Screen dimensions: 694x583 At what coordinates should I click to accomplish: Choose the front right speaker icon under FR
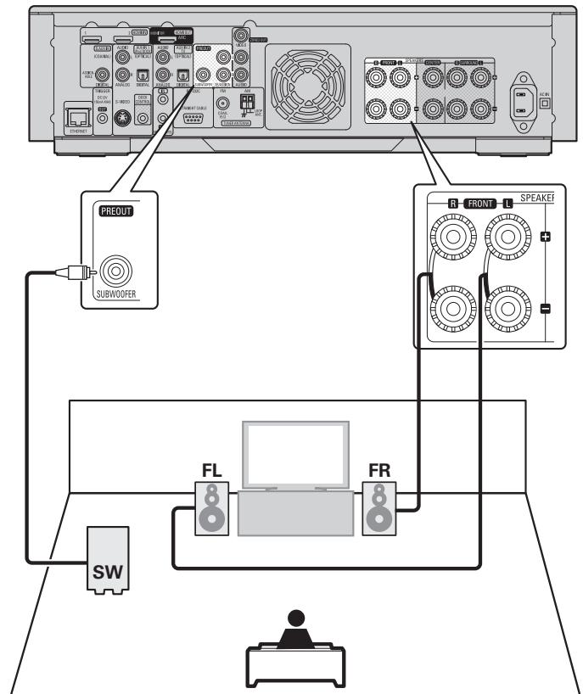(379, 508)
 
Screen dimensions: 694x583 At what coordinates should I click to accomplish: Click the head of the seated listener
(294, 616)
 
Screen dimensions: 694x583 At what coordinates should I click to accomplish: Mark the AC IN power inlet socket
(524, 99)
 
